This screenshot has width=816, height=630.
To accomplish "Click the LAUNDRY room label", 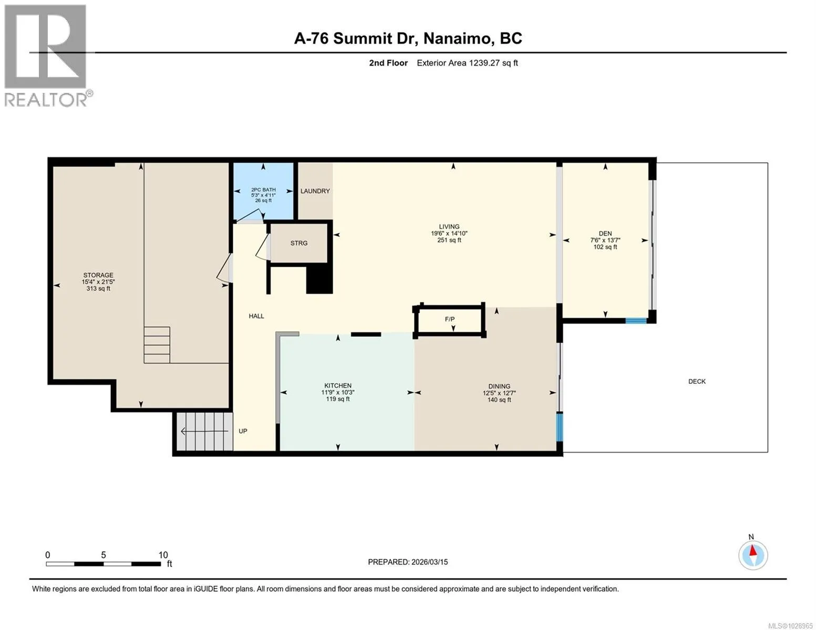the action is click(315, 191).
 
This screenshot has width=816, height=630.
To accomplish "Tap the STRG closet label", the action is click(299, 243).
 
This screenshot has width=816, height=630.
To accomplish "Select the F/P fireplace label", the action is click(449, 319).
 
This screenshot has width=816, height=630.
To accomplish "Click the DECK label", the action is click(697, 381).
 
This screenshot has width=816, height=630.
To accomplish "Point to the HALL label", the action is click(256, 316).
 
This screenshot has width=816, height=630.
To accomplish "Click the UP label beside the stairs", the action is click(243, 431).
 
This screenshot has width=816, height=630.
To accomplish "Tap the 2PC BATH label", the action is click(263, 190).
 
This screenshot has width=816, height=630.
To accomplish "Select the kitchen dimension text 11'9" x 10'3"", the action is click(338, 392).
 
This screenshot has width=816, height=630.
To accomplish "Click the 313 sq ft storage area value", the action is click(98, 289).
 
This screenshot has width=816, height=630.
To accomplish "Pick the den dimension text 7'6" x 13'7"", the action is click(605, 240).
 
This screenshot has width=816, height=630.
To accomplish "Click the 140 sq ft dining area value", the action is click(499, 400).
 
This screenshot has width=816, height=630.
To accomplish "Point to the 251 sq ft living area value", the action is click(449, 240).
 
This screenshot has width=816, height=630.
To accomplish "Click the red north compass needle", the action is click(752, 551).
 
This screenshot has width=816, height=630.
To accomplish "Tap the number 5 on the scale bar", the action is click(104, 555).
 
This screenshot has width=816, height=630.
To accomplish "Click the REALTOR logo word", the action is click(45, 100).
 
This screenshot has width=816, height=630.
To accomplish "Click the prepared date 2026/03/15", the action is click(430, 562).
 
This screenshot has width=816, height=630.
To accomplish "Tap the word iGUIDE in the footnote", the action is click(206, 589).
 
